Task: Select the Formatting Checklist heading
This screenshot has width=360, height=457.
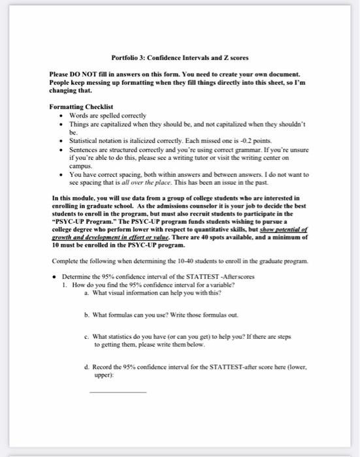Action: click(81, 106)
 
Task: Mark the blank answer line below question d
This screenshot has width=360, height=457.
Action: click(118, 392)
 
